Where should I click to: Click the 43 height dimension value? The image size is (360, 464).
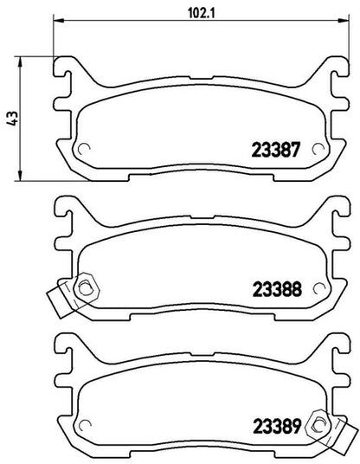click(13, 119)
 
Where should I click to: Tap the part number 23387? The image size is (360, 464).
click(276, 150)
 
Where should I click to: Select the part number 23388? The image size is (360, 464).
click(277, 289)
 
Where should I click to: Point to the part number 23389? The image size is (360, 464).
click(276, 427)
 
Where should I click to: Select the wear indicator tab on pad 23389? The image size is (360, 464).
click(344, 435)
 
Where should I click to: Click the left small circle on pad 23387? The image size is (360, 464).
click(84, 149)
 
